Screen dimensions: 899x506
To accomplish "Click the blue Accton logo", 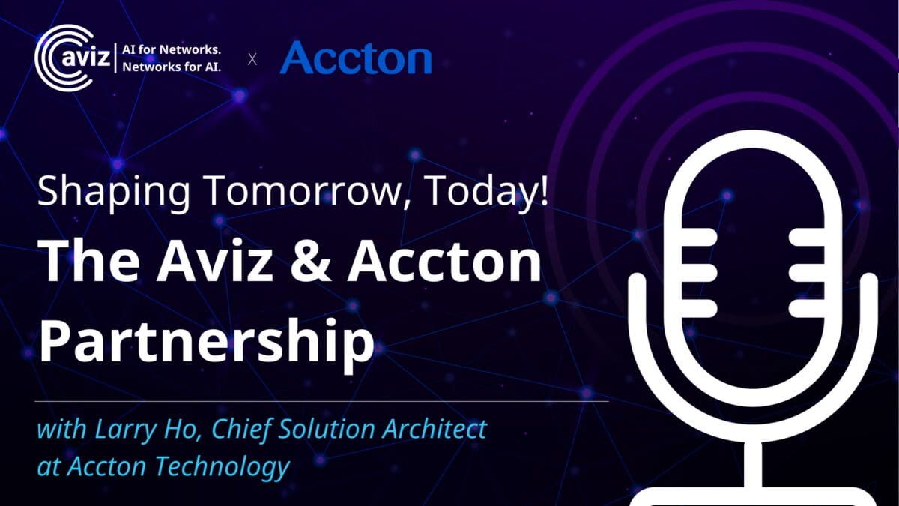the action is [356, 58].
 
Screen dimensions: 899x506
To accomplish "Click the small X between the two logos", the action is [252, 59].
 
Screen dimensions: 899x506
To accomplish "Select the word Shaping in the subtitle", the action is [113, 192].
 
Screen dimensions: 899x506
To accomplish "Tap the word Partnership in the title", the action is [206, 341].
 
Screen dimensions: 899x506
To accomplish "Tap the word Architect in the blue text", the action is [435, 429].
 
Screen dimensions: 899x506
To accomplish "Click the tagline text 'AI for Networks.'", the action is [172, 49].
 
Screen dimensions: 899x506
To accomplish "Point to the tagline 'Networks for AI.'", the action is [172, 67].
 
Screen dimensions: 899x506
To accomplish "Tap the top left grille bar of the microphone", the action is [698, 237].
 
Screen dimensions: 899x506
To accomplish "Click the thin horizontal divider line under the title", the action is [322, 401].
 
